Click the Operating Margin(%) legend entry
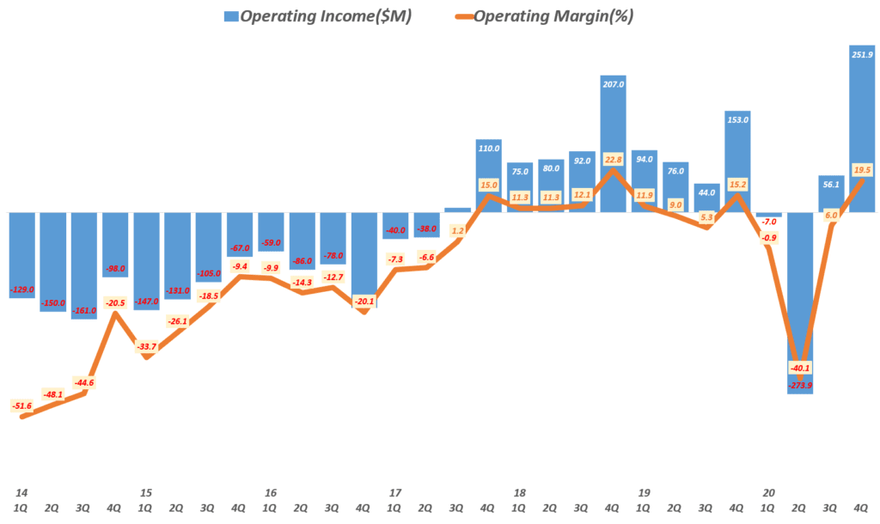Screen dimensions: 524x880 pyautogui.click(x=541, y=16)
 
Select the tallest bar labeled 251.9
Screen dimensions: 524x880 pyautogui.click(x=862, y=129)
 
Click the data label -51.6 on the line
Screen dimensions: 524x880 pyautogui.click(x=21, y=405)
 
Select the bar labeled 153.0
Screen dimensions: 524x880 pyautogui.click(x=737, y=163)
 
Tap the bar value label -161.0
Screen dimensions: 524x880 pyautogui.click(x=84, y=310)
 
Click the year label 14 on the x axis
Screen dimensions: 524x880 pyautogui.click(x=21, y=493)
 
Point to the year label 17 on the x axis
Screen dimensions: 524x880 pyautogui.click(x=395, y=493)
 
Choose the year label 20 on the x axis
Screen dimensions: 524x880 pyautogui.click(x=769, y=493)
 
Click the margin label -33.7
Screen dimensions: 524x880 pyautogui.click(x=146, y=347)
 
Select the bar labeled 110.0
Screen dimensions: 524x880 pyautogui.click(x=489, y=176)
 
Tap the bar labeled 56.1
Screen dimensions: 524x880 pyautogui.click(x=831, y=194)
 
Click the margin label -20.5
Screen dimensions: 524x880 pyautogui.click(x=115, y=302)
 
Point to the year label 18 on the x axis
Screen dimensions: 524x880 pyautogui.click(x=520, y=493)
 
